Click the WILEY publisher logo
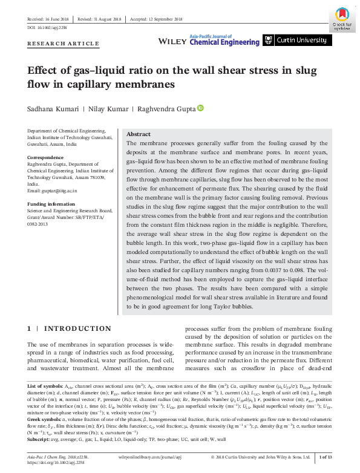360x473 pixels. pyautogui.click(x=171, y=41)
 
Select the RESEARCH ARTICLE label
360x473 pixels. pyautogui.click(x=64, y=44)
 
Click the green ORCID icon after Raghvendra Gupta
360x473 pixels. pyautogui.click(x=200, y=108)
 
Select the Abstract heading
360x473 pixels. pyautogui.click(x=138, y=134)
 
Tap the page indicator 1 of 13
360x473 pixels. pyautogui.click(x=326, y=457)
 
